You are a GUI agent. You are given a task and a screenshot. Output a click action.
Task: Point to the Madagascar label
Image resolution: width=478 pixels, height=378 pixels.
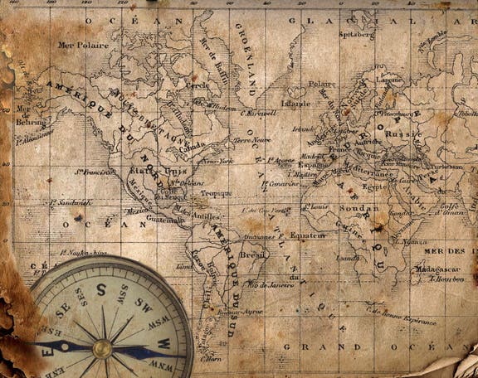click(438, 269)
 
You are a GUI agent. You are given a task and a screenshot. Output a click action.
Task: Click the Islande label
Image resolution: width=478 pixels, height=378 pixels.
click(295, 104)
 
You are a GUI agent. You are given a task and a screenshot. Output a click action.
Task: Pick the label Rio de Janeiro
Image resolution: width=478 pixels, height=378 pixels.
click(271, 284)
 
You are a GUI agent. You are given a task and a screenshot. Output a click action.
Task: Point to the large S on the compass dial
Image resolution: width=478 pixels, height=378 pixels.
click(101, 289)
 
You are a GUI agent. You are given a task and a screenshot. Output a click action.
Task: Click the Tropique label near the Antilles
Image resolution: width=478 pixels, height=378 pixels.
click(216, 193)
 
